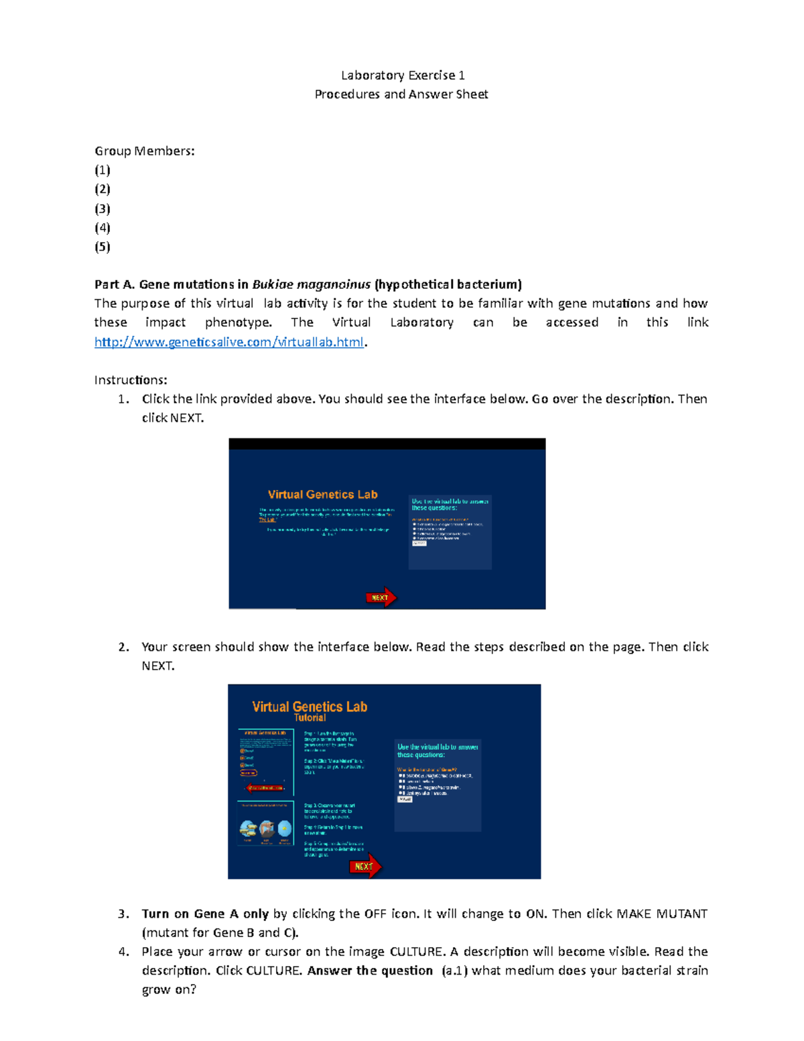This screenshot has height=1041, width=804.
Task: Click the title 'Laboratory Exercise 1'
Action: (x=403, y=75)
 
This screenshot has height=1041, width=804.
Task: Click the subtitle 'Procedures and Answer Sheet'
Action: (x=401, y=95)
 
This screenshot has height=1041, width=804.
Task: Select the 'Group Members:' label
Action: (x=145, y=151)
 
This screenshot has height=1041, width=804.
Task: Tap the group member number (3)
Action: (x=103, y=208)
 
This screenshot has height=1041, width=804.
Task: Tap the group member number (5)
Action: (x=103, y=247)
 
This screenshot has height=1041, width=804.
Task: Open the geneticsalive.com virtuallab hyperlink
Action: (x=229, y=342)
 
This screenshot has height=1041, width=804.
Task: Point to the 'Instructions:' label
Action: (x=131, y=380)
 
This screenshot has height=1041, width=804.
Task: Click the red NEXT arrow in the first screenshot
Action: (x=381, y=597)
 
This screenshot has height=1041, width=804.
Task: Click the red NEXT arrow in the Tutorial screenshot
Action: (x=365, y=866)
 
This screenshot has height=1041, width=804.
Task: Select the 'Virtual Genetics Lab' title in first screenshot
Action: (x=322, y=495)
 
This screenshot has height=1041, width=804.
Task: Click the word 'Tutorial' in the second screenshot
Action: (x=310, y=718)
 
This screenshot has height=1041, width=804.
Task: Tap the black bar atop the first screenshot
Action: (x=387, y=444)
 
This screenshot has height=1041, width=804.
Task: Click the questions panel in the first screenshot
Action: (x=450, y=532)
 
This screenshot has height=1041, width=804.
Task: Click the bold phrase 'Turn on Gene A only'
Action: (x=205, y=914)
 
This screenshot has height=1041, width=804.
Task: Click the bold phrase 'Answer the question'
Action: (x=370, y=971)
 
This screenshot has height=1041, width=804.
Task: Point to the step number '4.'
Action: (x=123, y=952)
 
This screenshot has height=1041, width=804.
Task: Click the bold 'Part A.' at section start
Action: (x=115, y=284)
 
